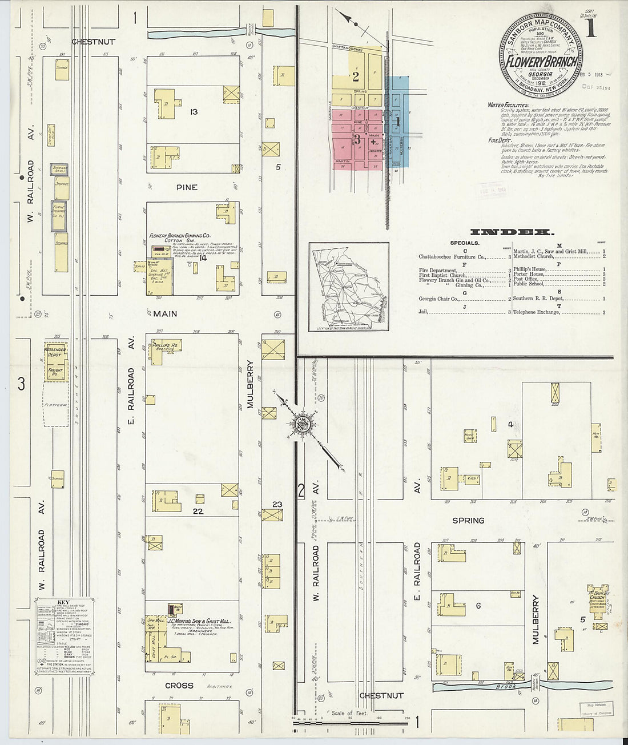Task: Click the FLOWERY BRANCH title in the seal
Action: click(x=542, y=62)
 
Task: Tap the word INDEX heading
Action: click(x=512, y=232)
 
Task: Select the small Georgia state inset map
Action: click(x=349, y=287)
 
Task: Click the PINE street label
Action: click(x=187, y=187)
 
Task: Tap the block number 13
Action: click(x=194, y=112)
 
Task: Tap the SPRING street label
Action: click(x=468, y=521)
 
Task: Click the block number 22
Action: click(x=198, y=512)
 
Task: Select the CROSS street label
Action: click(x=179, y=685)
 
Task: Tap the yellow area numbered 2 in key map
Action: click(x=356, y=76)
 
